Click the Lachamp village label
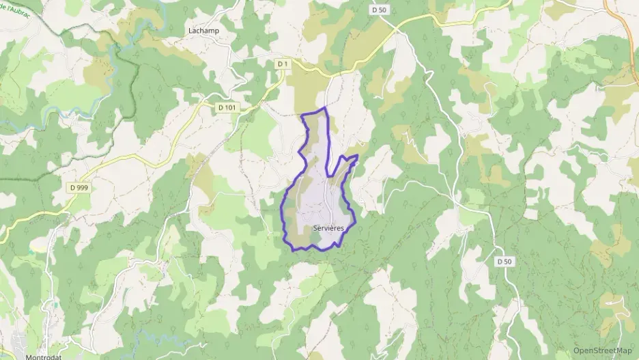203,31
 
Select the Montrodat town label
44,356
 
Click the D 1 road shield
283,64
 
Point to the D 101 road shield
230,107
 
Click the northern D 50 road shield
379,10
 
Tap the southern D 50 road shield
505,262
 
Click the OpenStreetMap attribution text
603,351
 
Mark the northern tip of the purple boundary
324,108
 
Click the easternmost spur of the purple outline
356,156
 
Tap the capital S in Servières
315,227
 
